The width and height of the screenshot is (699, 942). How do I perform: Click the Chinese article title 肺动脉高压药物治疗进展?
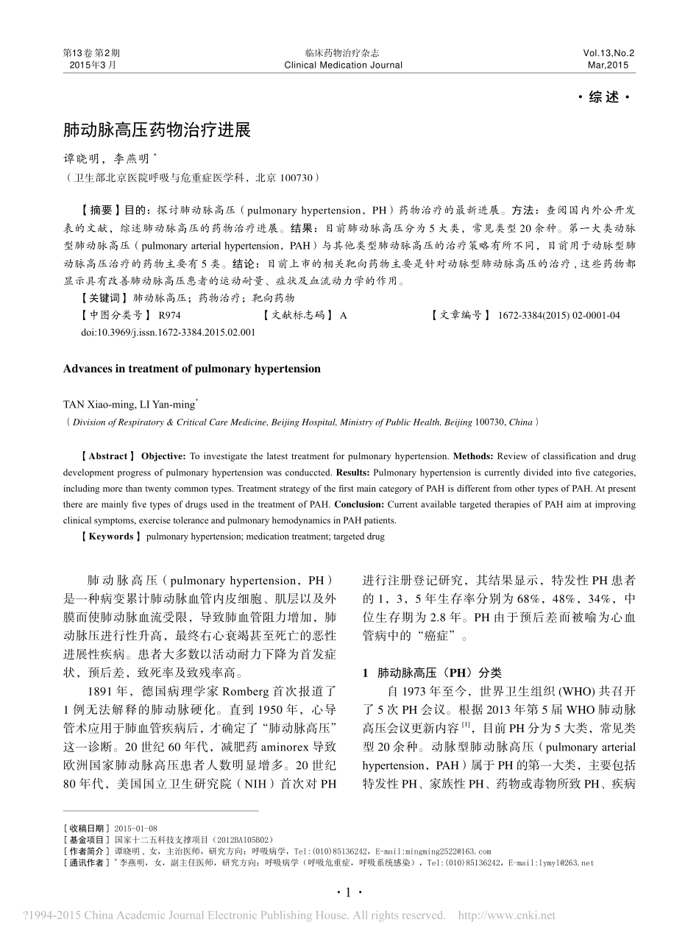157,131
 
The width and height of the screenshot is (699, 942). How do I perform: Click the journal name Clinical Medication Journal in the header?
343,65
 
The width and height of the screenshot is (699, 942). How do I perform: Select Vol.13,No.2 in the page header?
608,53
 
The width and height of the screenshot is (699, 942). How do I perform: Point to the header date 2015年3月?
92,65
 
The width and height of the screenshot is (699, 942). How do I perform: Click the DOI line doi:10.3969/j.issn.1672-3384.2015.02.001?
168,332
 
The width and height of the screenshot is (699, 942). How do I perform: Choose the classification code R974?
169,315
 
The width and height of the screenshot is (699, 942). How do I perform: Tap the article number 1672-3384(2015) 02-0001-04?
558,315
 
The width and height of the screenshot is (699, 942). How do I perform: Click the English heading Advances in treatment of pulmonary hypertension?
192,369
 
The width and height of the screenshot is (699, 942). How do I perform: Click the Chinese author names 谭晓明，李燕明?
109,158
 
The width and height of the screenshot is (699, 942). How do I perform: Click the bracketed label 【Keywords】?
110,536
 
